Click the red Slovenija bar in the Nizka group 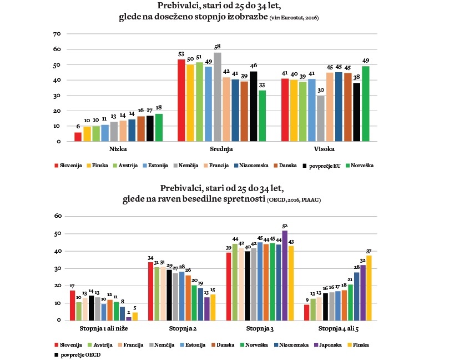tap(78, 137)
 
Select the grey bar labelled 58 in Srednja tap(217, 97)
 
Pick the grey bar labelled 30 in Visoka tap(320, 118)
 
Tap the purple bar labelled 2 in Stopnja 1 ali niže tap(129, 318)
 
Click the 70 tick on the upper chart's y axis tap(56, 34)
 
